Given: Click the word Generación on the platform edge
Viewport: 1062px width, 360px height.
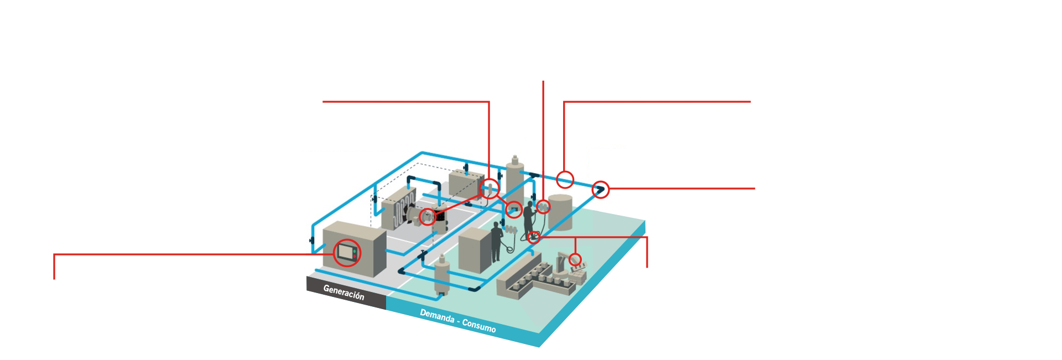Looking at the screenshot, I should (x=343, y=292).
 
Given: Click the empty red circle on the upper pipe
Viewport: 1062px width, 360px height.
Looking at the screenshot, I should (x=565, y=180).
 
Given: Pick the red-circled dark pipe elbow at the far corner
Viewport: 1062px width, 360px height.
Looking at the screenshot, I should (x=600, y=190).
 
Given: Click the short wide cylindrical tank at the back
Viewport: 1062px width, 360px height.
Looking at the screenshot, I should (x=561, y=212).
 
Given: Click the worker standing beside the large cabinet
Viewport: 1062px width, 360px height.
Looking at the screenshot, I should (x=496, y=242).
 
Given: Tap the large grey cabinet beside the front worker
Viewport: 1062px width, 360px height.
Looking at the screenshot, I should (x=475, y=250).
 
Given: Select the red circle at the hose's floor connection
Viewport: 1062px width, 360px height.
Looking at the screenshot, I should (x=533, y=237).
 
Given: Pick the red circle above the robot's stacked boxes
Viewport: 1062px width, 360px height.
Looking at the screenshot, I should (x=575, y=259).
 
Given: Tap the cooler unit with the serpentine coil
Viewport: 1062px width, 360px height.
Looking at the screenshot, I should (x=398, y=208).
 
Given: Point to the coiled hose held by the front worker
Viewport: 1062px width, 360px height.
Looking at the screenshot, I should (x=509, y=246).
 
